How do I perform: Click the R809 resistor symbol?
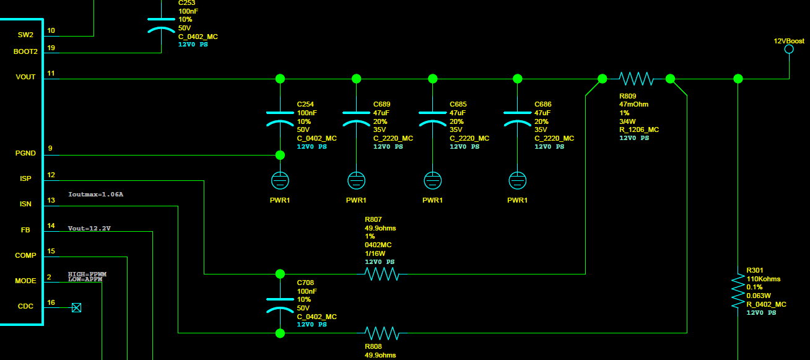tap(636, 79)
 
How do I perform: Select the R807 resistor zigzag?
tap(382, 274)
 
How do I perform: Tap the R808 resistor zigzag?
tap(382, 333)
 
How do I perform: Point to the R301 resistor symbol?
tap(738, 291)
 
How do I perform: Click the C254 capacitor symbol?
tap(280, 119)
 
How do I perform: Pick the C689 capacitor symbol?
tap(356, 119)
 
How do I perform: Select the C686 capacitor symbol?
tap(518, 119)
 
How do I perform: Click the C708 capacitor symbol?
tap(280, 305)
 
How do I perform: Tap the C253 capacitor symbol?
tap(161, 25)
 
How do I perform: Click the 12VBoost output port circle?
tap(789, 49)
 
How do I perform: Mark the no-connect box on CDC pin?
tap(76, 307)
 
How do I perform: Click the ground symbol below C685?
tap(432, 180)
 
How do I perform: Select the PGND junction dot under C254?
tap(280, 156)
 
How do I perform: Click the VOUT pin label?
tap(25, 77)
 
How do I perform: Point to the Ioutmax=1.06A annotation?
tap(96, 195)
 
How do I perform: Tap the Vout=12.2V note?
tap(89, 228)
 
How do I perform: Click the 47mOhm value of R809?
tap(634, 104)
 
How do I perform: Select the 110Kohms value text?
tap(764, 279)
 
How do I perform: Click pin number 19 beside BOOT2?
tap(51, 48)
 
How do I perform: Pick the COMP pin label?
tap(25, 255)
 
